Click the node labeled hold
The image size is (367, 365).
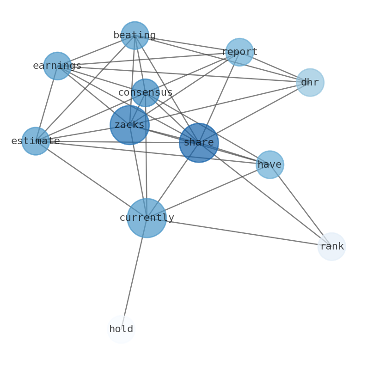(x=121, y=329)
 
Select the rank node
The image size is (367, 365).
(x=331, y=247)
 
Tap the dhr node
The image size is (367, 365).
(x=310, y=83)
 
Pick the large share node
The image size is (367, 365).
(x=199, y=143)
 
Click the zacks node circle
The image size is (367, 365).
(x=129, y=125)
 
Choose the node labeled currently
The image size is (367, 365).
(x=147, y=218)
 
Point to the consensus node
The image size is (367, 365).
(x=145, y=93)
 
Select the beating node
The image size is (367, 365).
(x=135, y=36)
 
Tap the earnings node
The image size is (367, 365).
(x=57, y=66)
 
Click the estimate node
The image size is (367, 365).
(x=36, y=141)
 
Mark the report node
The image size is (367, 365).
(x=239, y=52)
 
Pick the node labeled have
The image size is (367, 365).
(x=269, y=164)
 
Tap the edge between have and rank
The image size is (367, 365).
(x=300, y=206)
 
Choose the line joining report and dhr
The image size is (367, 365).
(x=275, y=67)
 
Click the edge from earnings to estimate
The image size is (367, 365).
(x=47, y=103)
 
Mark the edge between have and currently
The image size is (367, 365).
(x=208, y=191)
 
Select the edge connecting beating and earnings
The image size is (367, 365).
(x=96, y=51)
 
